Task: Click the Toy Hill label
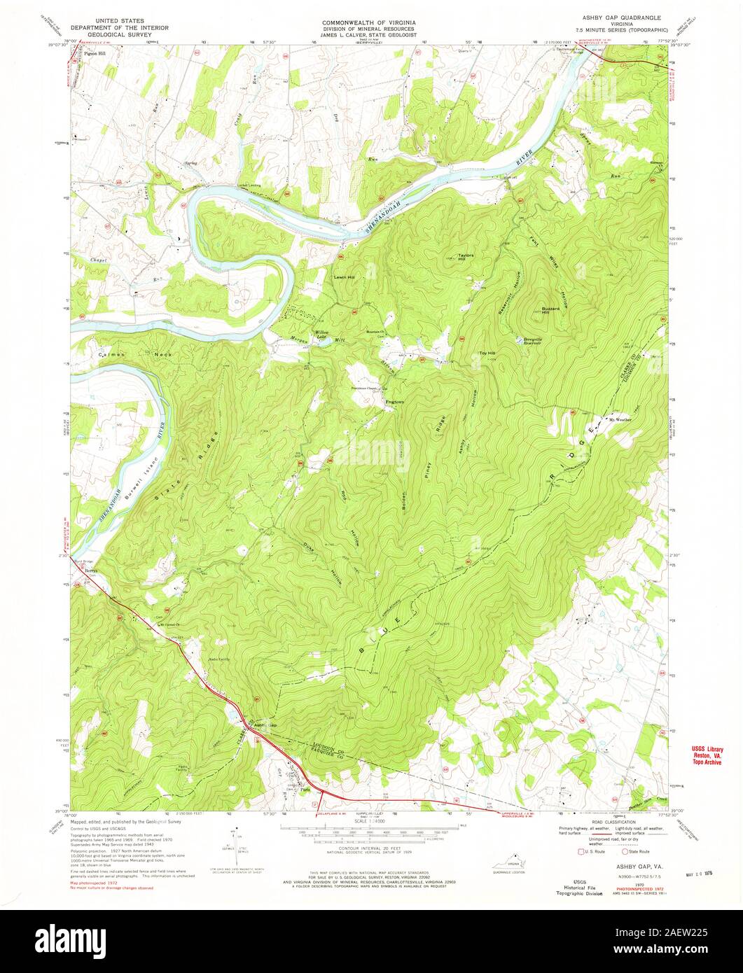[487, 353]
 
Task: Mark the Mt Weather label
[619, 420]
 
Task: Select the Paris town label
[305, 792]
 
